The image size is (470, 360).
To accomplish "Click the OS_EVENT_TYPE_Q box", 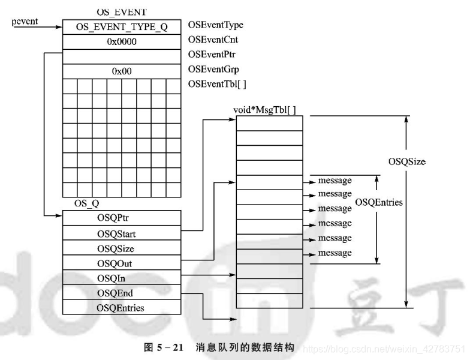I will [122, 27].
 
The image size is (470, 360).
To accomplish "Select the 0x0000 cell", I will [122, 42].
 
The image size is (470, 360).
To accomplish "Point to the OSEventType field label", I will [216, 25].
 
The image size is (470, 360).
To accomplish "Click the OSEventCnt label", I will [213, 40].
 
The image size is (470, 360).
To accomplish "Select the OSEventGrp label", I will [213, 69].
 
